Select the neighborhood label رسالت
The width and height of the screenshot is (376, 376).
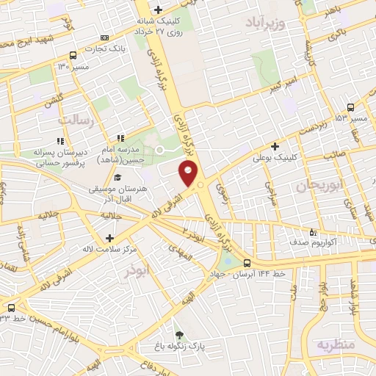click(x=76, y=120)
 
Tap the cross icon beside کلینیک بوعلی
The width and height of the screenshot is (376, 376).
click(x=275, y=146)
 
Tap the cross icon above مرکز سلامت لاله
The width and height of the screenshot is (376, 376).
click(x=109, y=238)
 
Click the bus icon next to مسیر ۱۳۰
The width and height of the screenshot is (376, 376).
click(x=73, y=55)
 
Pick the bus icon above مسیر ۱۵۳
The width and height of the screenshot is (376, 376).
click(x=350, y=106)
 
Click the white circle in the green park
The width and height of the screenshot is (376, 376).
click(x=159, y=150)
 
